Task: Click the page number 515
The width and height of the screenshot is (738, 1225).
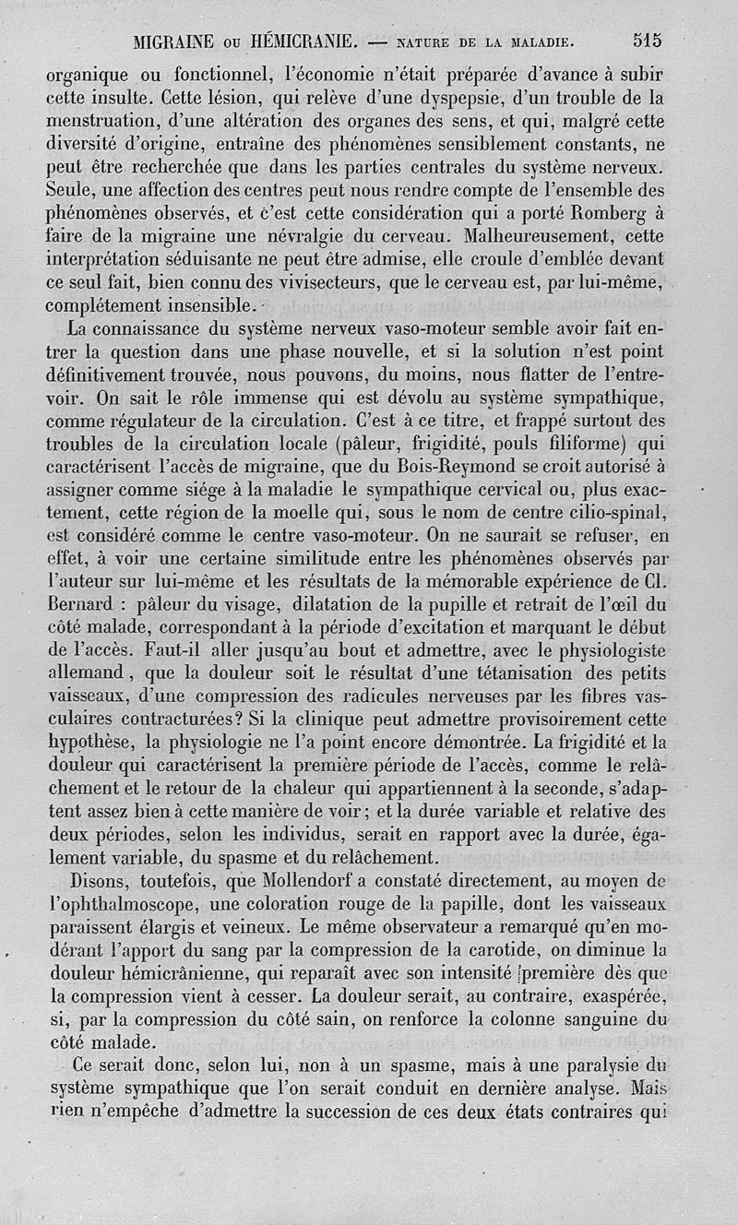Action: tap(648, 40)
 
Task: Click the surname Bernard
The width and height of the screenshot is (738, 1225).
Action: tap(81, 605)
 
